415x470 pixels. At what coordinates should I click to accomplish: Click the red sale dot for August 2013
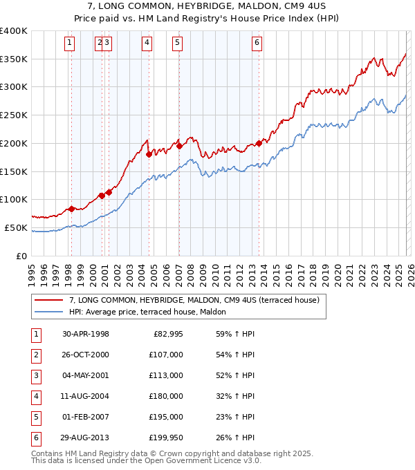click(259, 143)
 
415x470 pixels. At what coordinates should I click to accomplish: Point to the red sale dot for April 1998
click(71, 209)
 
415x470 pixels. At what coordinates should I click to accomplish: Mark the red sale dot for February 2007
click(178, 146)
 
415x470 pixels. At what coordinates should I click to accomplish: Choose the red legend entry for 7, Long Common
click(194, 301)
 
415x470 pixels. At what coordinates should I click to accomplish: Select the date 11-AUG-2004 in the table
click(85, 397)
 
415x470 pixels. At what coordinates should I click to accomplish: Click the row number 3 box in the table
click(35, 376)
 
